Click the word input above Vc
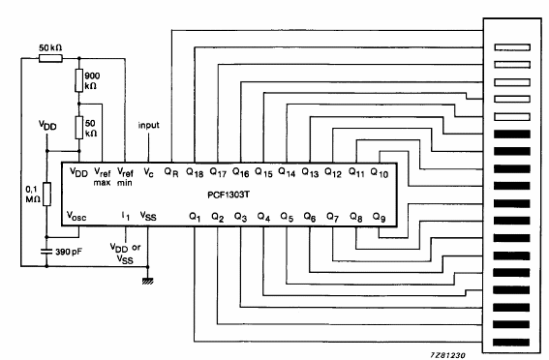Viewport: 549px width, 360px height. click(x=149, y=126)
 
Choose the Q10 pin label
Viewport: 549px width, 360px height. click(x=380, y=173)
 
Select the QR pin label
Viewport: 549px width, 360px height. click(x=170, y=172)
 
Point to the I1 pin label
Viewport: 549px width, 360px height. click(x=126, y=216)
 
